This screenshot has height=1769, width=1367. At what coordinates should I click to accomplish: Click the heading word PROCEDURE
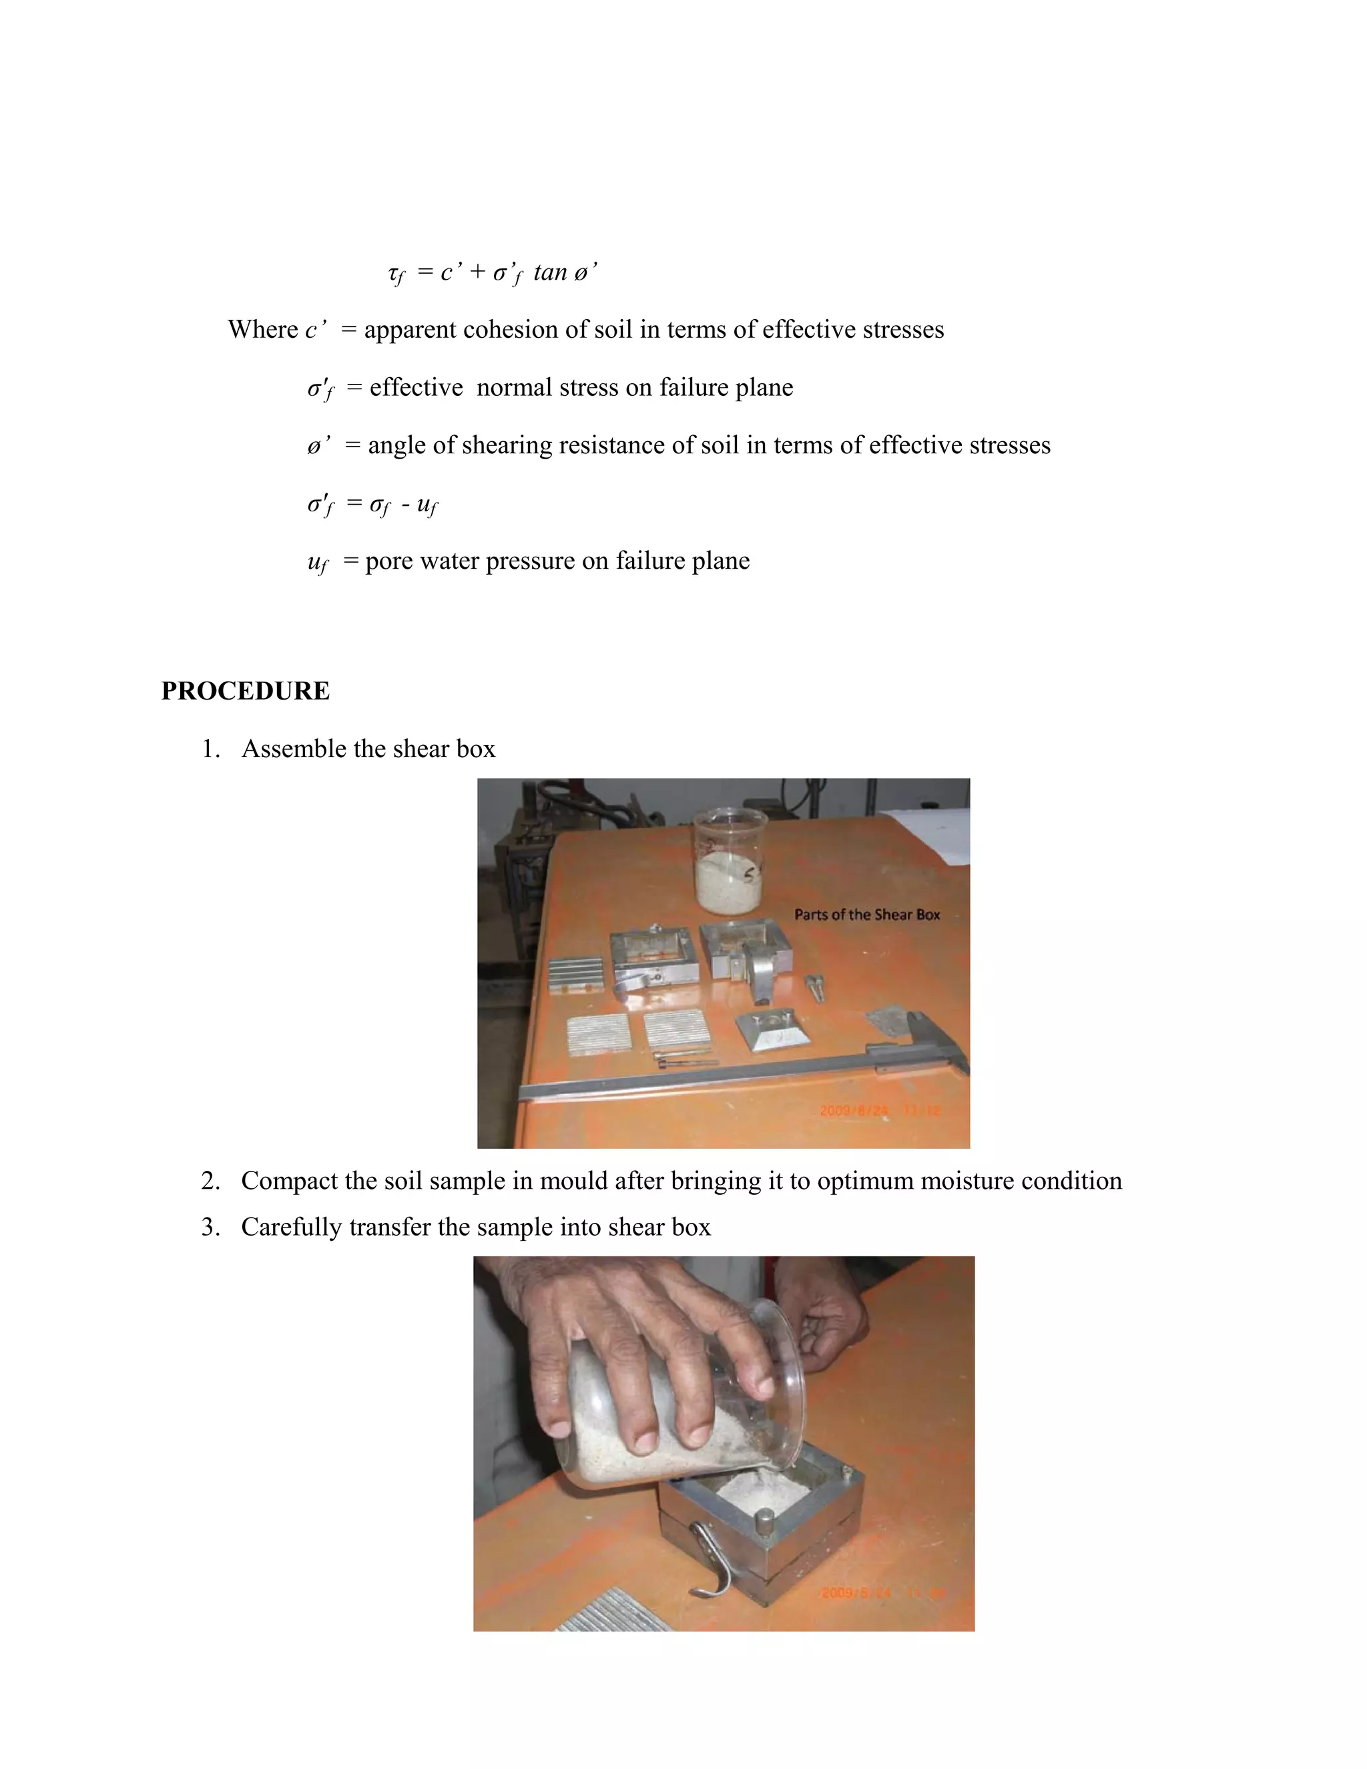pyautogui.click(x=246, y=691)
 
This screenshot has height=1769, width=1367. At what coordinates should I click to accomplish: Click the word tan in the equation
pyautogui.click(x=550, y=272)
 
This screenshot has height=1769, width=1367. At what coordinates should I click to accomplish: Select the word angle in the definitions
pyautogui.click(x=397, y=445)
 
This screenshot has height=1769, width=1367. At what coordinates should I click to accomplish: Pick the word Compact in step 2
pyautogui.click(x=289, y=1181)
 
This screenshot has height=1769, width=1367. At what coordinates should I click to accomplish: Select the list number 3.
pyautogui.click(x=210, y=1227)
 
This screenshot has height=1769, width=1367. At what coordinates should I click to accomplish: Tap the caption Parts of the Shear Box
pyautogui.click(x=866, y=915)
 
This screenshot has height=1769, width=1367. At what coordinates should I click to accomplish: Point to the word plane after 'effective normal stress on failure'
pyautogui.click(x=764, y=387)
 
